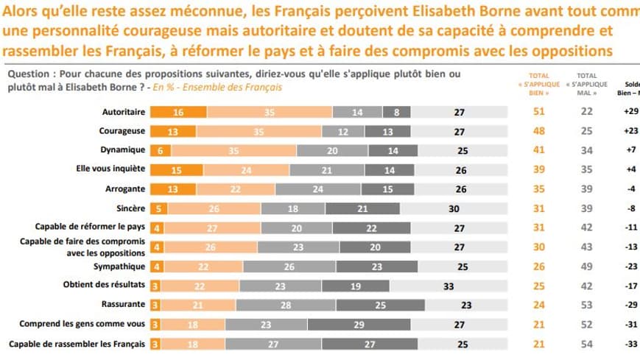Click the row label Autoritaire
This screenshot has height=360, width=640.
tap(122, 113)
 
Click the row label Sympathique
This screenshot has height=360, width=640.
tap(119, 266)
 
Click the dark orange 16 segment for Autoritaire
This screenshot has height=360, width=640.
tap(178, 113)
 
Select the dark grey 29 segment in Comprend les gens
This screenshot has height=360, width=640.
tap(359, 324)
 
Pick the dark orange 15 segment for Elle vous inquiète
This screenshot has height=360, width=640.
tap(177, 169)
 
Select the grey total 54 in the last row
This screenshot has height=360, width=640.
tap(587, 343)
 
